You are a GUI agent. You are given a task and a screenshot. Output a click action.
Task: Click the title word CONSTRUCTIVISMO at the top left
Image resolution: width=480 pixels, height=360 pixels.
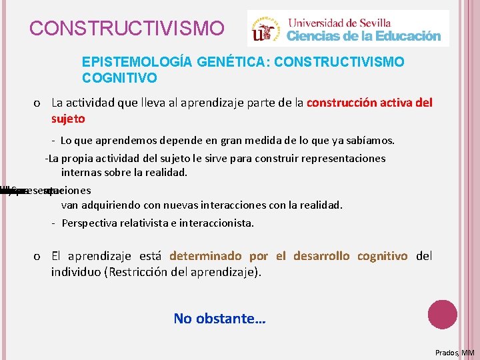point(127,29)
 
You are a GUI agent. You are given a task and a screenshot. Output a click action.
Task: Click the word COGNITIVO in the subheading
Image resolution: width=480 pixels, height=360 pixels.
point(119,78)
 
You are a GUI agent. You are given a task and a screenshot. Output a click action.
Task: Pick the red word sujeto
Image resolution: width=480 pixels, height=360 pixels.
point(68,119)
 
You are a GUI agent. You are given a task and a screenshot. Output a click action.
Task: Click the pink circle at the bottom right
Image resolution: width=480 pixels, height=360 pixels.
point(442,314)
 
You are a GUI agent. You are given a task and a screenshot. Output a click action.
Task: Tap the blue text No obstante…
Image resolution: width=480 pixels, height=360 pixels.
point(219,319)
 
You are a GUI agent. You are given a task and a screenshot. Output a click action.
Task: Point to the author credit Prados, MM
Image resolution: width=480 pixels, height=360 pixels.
point(455,352)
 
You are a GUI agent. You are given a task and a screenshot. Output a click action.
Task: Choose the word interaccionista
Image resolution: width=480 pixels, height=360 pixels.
point(215,223)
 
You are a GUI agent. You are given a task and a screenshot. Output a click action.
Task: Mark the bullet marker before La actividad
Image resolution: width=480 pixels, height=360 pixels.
point(37,103)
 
